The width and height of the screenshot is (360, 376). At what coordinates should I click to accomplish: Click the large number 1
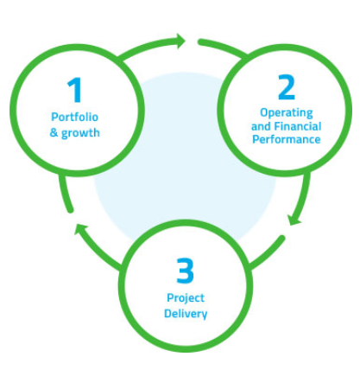pyautogui.click(x=74, y=90)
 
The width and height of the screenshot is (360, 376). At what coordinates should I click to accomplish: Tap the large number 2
pyautogui.click(x=287, y=87)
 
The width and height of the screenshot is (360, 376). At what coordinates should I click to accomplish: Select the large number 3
pyautogui.click(x=186, y=271)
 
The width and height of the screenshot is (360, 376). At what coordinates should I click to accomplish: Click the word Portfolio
pyautogui.click(x=74, y=117)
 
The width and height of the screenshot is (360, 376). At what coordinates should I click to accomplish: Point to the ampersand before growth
pyautogui.click(x=54, y=132)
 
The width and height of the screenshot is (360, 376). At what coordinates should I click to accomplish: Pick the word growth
pyautogui.click(x=80, y=133)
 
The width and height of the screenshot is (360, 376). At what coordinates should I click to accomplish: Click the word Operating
pyautogui.click(x=287, y=113)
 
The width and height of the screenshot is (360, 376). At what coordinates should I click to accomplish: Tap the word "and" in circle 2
pyautogui.click(x=261, y=126)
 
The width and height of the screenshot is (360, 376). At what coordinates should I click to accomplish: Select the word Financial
pyautogui.click(x=298, y=126)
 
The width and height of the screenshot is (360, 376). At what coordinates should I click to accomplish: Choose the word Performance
pyautogui.click(x=287, y=139)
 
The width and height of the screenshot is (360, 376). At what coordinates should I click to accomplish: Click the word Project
pyautogui.click(x=186, y=298)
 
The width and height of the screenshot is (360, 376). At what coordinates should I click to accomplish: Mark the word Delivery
pyautogui.click(x=186, y=314)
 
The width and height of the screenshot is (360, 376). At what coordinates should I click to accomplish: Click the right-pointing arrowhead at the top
pyautogui.click(x=180, y=41)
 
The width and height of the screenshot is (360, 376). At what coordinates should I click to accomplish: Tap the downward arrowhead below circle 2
pyautogui.click(x=294, y=220)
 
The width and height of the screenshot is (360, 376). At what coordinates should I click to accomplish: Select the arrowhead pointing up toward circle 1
pyautogui.click(x=79, y=229)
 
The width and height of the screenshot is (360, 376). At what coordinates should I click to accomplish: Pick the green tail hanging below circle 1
pyautogui.click(x=65, y=193)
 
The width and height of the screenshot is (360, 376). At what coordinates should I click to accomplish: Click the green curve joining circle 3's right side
pyautogui.click(x=268, y=252)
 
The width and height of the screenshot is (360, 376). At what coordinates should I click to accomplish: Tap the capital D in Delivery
pyautogui.click(x=167, y=314)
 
